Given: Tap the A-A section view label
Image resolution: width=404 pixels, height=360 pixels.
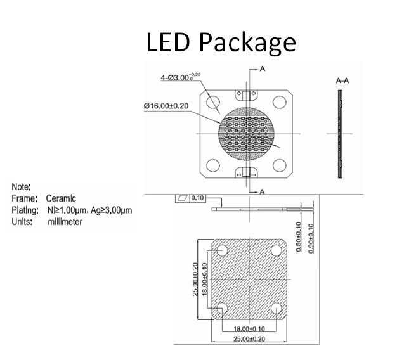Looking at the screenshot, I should click(x=343, y=81).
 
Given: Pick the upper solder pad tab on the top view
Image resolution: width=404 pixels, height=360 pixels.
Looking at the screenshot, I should click(x=246, y=95).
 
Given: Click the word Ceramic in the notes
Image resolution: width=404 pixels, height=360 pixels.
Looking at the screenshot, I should click(x=61, y=198).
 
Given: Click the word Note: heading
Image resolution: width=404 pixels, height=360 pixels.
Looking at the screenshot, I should click(x=22, y=187).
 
